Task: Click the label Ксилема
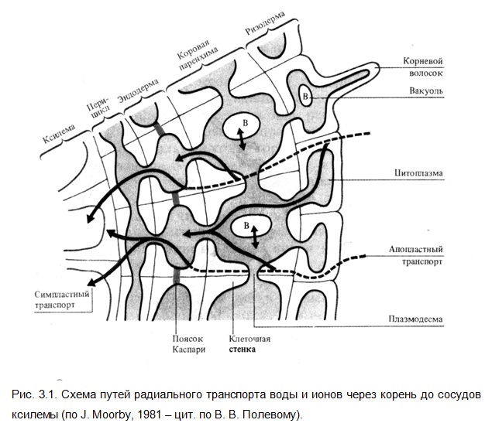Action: point(59,134)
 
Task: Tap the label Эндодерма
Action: point(138,90)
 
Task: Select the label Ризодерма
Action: point(265,23)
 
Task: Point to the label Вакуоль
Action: point(426,90)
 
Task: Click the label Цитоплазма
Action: point(418,173)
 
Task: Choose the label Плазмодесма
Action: point(415,319)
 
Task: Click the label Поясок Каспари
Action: point(188,344)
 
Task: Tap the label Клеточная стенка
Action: point(249,344)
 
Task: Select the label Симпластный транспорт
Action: point(61,299)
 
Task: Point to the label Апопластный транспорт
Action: point(416,255)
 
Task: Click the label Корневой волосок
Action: point(423,67)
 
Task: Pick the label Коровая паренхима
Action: point(197,55)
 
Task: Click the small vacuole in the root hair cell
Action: point(305,96)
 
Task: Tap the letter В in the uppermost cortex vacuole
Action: point(246,123)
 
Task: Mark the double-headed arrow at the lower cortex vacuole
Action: point(255,237)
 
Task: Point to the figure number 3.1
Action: point(47,394)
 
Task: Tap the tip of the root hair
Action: point(378,67)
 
